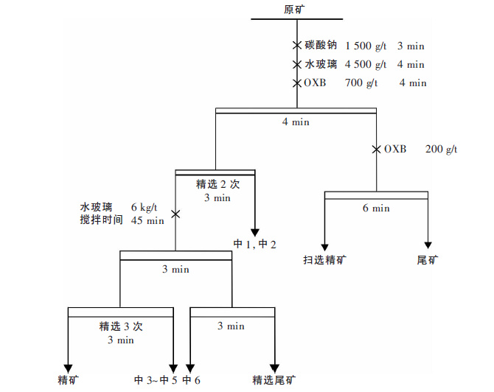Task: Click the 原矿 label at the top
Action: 293,9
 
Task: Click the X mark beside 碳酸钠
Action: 296,46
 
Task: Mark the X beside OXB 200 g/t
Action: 376,149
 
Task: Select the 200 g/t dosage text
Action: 441,149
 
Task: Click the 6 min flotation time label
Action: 376,208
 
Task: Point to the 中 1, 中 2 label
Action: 254,244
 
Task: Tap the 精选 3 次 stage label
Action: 120,326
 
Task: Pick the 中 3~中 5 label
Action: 156,379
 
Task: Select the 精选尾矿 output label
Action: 274,379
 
